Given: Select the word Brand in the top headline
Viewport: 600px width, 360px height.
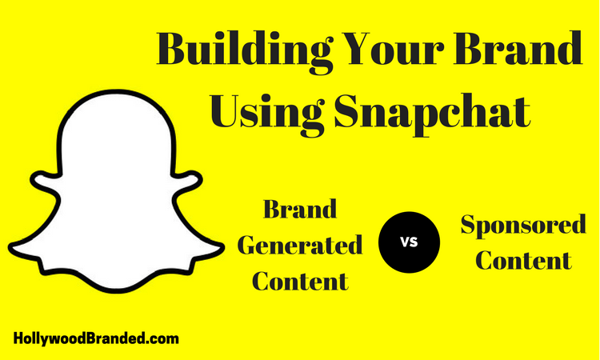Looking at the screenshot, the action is [x=518, y=48].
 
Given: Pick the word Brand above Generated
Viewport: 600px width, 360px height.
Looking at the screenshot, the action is [x=300, y=209].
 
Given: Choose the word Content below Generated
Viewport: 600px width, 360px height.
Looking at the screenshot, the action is [x=300, y=281].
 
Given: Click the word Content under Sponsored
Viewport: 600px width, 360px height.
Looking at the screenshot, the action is [x=523, y=260].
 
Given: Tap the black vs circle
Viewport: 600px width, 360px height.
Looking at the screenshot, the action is [x=409, y=242].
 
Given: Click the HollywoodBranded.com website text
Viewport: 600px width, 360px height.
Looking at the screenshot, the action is [x=96, y=338].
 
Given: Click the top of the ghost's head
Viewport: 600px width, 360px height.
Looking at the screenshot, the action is [x=116, y=91].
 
